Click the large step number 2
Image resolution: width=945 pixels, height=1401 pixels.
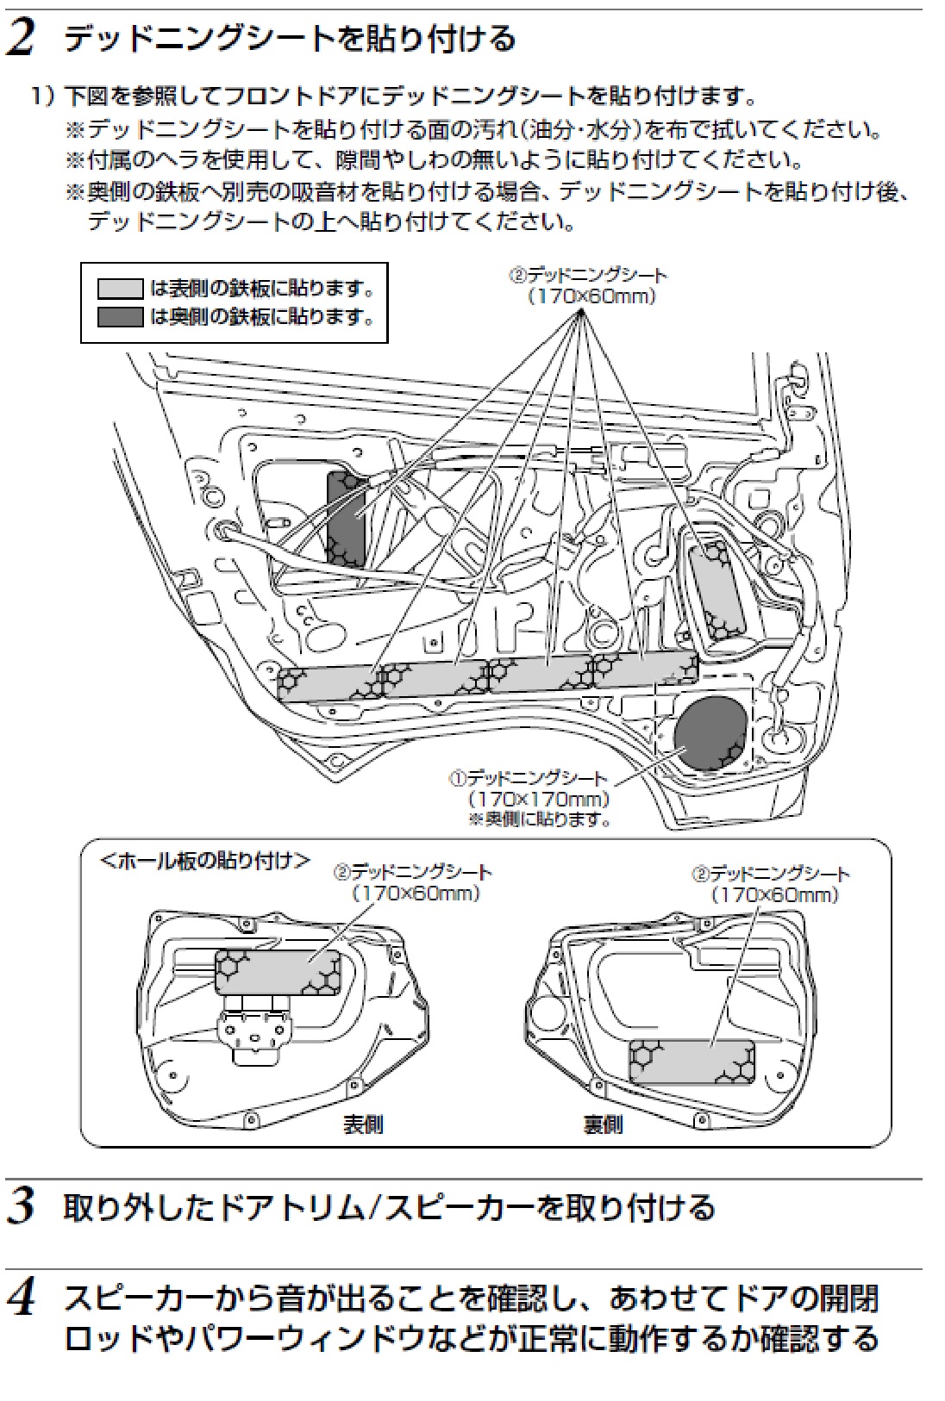pos(20,40)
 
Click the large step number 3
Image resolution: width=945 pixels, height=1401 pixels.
pos(20,1207)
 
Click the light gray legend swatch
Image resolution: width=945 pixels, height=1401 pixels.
pos(120,288)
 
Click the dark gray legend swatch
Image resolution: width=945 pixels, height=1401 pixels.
pos(120,316)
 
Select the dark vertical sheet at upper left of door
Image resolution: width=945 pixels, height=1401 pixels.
pos(347,517)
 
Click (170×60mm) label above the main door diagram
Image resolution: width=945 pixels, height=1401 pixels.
pos(591,296)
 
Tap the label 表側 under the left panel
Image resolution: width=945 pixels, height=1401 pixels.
pos(363,1124)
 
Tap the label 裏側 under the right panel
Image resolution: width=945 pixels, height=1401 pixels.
pos(603,1124)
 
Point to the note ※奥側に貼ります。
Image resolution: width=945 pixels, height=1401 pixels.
pos(540,819)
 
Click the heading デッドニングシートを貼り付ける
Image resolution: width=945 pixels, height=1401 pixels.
pos(290,40)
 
